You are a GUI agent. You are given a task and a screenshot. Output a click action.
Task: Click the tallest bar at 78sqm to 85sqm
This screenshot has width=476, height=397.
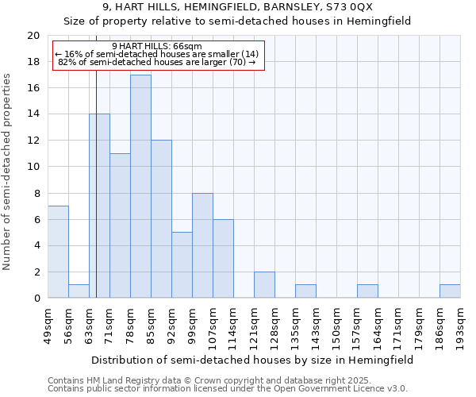[x=140, y=187]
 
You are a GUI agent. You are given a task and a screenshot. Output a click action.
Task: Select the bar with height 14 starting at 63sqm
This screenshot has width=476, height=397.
[x=99, y=206]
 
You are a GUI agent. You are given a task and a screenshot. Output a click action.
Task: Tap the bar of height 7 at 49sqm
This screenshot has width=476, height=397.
[x=58, y=252]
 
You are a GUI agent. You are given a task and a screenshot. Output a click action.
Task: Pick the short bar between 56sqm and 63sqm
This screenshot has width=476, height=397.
[x=79, y=291]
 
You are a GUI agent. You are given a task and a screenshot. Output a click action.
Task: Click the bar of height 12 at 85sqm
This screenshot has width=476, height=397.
[x=161, y=219]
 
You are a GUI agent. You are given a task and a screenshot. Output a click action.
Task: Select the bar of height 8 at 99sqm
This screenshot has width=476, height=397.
[x=202, y=245]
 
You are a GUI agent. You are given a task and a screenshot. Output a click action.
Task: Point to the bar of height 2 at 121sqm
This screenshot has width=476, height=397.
[x=264, y=285]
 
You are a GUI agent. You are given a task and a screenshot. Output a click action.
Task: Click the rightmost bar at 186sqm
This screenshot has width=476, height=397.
[x=450, y=291]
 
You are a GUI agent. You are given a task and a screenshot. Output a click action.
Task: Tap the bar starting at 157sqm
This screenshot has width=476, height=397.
[x=367, y=291]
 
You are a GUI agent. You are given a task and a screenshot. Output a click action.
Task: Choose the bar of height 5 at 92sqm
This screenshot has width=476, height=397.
[x=182, y=265]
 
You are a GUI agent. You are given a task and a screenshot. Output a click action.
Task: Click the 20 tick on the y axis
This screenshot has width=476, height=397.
[x=33, y=36]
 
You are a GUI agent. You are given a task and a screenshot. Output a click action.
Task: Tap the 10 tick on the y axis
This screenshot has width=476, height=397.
[x=33, y=167]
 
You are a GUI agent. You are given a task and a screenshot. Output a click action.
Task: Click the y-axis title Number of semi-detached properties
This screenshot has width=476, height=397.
[x=8, y=172]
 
